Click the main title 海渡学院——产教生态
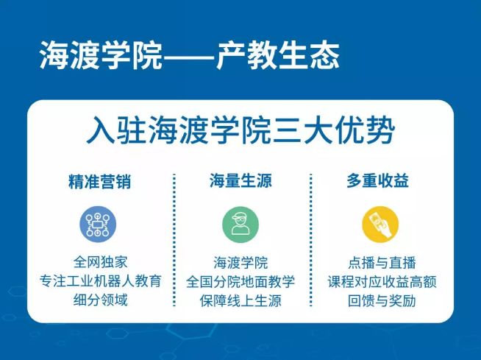(190, 56)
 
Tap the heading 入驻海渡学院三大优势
(240, 130)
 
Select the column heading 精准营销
(100, 181)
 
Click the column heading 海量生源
(240, 180)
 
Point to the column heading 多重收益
(377, 180)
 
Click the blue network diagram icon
(98, 224)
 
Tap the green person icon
(240, 225)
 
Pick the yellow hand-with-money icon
(380, 225)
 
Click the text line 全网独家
(100, 262)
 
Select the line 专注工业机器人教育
(100, 281)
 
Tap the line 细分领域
(100, 300)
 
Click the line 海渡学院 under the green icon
(240, 263)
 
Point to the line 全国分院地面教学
(240, 282)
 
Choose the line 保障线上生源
(240, 300)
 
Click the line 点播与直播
(382, 263)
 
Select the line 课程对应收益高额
(382, 282)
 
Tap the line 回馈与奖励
(382, 300)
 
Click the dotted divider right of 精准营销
(174, 240)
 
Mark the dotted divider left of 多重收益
(311, 240)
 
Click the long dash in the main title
(189, 56)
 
